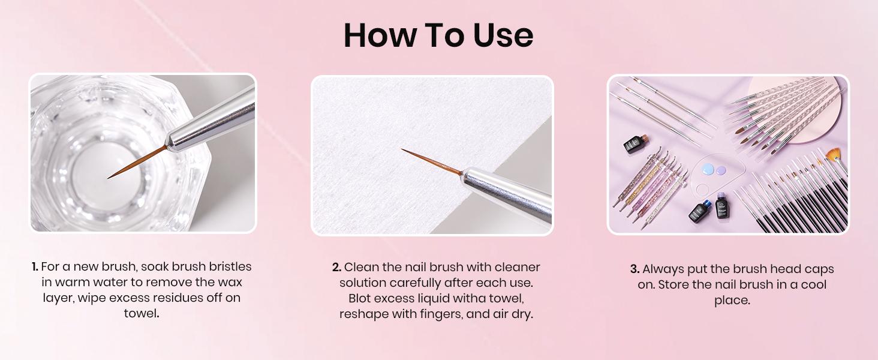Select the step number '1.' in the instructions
pyautogui.click(x=35, y=266)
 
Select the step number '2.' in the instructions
pyautogui.click(x=336, y=267)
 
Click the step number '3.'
pyautogui.click(x=635, y=269)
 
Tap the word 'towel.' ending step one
pyautogui.click(x=142, y=313)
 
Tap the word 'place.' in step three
pyautogui.click(x=732, y=301)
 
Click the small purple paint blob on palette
pyautogui.click(x=721, y=170)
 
